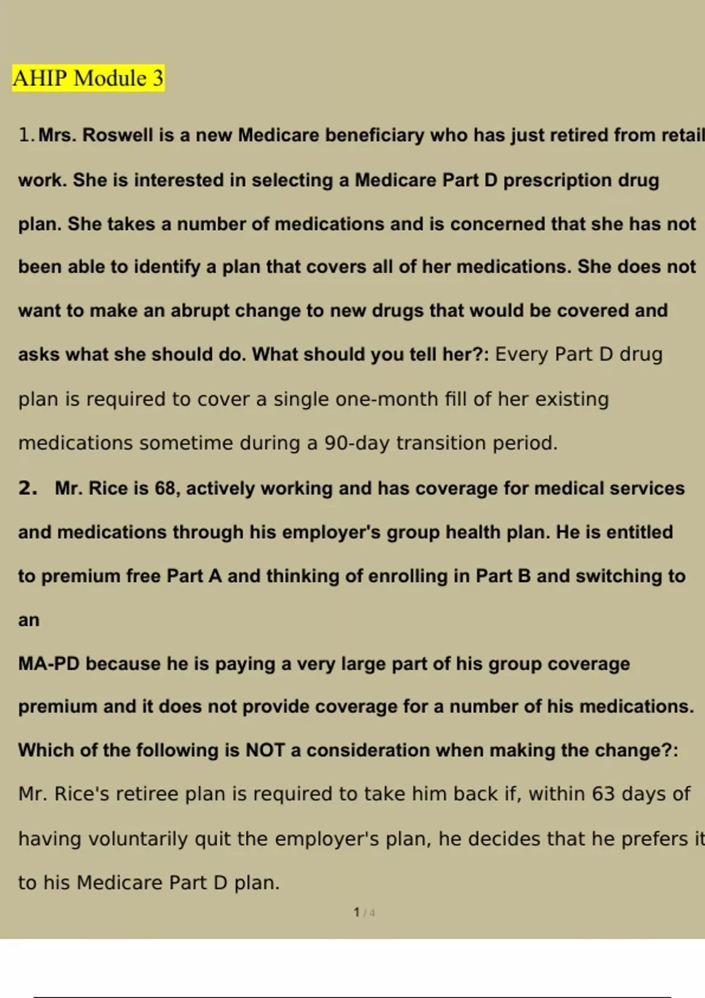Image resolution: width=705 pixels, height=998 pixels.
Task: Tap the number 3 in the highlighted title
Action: point(158,78)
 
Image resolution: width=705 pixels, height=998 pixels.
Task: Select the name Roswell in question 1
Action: point(118,135)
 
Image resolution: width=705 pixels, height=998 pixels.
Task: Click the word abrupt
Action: point(200,311)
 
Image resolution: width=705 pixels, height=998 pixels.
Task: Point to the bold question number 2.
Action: point(28,488)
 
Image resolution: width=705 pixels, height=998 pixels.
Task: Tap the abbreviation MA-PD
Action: point(49,664)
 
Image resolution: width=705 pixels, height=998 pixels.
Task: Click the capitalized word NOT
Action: point(265,750)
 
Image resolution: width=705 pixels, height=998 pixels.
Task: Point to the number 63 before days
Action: point(603,794)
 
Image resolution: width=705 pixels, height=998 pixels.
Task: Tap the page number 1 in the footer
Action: point(357,912)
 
